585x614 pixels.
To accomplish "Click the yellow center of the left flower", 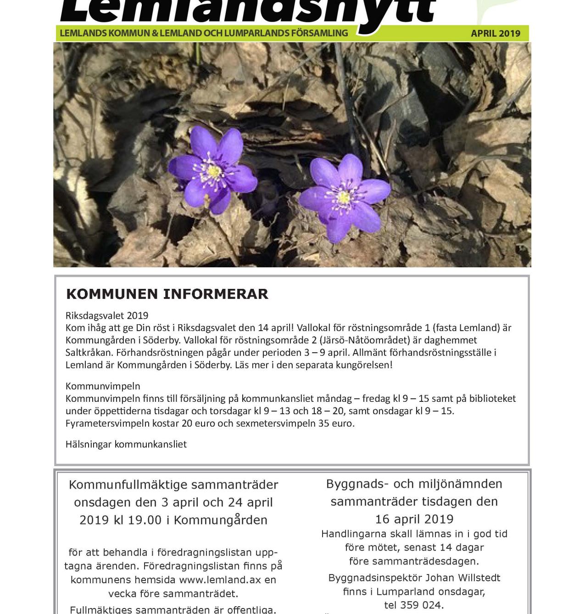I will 214,172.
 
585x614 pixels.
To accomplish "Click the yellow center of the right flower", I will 344,197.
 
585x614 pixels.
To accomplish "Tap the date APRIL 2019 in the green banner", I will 496,34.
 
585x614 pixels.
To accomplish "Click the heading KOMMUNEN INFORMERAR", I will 167,294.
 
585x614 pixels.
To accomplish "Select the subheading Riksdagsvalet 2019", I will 107,315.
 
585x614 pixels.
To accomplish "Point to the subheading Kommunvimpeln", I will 103,386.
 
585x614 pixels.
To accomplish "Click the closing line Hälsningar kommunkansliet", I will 126,445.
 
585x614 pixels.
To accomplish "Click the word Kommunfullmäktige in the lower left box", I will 128,485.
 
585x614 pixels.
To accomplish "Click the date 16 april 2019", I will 414,519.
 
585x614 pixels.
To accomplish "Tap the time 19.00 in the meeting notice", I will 145,520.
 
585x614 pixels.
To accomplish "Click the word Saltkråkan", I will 89,353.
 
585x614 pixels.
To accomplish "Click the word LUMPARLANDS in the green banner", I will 256,33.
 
